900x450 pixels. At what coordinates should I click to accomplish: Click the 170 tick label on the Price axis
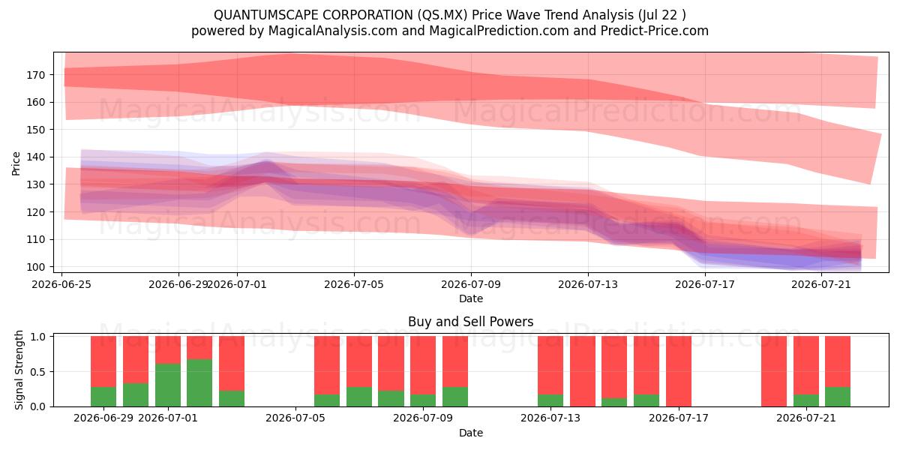[35, 75]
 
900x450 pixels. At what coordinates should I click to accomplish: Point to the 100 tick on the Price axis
[35, 267]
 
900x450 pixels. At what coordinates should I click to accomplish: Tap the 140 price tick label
[35, 157]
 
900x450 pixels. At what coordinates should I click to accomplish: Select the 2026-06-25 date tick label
[61, 284]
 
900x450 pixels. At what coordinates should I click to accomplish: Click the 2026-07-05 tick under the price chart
[354, 284]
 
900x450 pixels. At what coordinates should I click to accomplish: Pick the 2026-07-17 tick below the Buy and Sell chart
[679, 418]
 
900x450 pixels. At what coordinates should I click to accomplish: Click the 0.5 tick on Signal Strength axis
[39, 372]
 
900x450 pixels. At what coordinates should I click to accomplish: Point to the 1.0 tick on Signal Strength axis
[39, 336]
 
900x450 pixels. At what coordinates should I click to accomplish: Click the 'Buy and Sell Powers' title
[471, 322]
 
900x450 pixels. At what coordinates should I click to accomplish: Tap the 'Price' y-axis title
[16, 163]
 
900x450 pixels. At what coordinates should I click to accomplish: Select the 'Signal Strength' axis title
[19, 370]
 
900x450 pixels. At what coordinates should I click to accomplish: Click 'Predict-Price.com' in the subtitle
[655, 31]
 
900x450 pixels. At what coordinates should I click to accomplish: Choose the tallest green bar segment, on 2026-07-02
[199, 383]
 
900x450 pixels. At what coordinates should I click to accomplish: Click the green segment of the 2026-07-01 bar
[168, 385]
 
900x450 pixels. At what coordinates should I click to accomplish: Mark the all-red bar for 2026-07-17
[679, 371]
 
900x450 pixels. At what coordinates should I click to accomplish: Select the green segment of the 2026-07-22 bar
[838, 397]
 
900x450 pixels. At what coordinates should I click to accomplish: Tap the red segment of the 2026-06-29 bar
[103, 361]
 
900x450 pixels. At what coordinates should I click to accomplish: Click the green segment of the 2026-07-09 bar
[423, 400]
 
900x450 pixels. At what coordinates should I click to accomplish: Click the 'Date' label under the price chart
[471, 298]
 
